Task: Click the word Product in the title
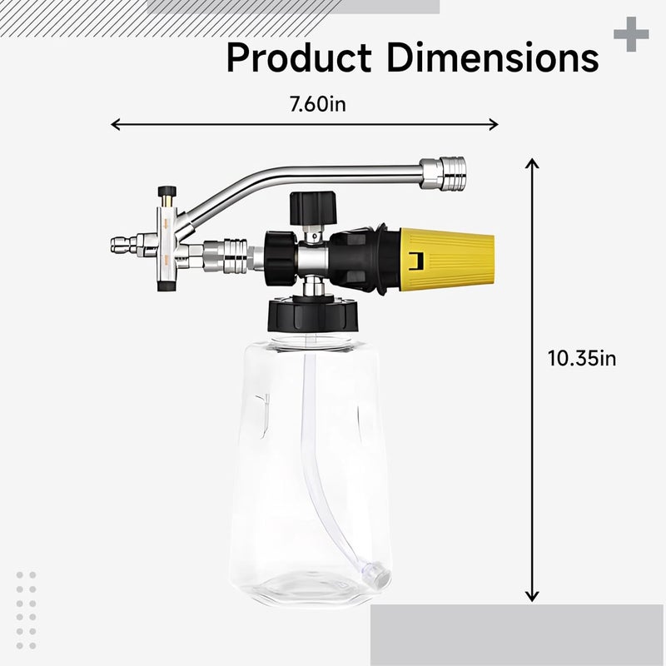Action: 299,57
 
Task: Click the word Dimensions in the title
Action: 493,57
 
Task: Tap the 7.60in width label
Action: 318,105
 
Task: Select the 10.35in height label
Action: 582,358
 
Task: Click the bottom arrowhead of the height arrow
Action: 532,598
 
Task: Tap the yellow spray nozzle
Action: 447,259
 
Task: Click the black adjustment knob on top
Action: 313,207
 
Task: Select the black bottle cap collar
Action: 313,316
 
